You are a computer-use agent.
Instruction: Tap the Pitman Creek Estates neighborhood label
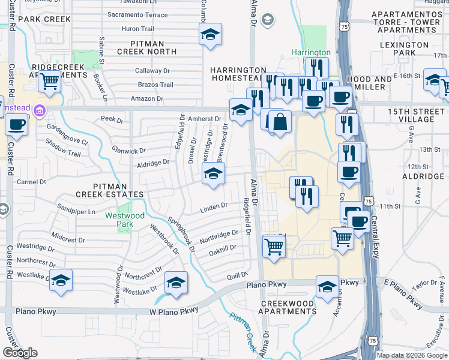[110, 190]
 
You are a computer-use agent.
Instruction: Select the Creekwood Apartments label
[288, 307]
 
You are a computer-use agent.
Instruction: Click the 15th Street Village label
[411, 115]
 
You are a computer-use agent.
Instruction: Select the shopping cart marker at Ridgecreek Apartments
[50, 81]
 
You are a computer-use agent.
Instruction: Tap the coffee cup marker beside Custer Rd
[16, 125]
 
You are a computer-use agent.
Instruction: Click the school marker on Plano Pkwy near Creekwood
[327, 287]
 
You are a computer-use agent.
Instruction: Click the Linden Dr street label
[214, 206]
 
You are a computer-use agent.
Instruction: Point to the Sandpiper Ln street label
[76, 212]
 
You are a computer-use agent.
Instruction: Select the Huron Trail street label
[138, 28]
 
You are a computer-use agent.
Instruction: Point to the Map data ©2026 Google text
[411, 355]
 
